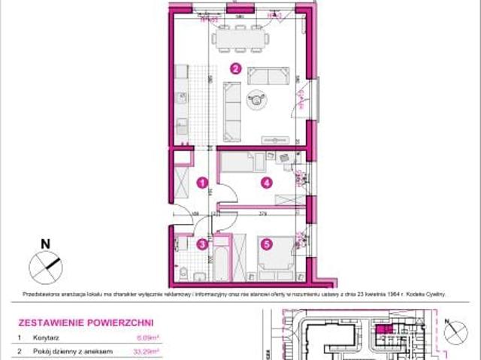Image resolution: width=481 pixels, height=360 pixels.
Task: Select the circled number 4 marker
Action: click(265, 182)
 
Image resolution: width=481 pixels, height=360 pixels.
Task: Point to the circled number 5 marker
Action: click(266, 243)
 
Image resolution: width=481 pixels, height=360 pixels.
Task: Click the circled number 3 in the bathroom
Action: click(201, 243)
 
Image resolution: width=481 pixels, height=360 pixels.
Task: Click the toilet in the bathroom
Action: click(183, 270)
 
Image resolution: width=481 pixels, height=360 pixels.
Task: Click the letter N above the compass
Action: click(45, 243)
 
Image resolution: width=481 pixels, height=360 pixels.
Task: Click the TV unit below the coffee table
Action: click(275, 139)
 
